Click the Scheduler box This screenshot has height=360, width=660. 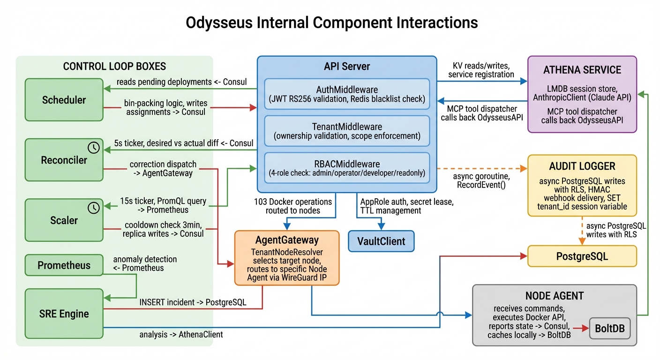64,100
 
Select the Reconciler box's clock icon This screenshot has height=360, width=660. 94,148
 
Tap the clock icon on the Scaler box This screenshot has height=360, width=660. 94,208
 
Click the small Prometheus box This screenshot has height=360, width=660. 64,265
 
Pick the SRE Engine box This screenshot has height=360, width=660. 64,314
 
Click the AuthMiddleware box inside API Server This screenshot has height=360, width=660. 347,94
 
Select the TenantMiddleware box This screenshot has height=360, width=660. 347,131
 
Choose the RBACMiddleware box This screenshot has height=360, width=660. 347,168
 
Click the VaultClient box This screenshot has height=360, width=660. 381,242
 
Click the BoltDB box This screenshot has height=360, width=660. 609,328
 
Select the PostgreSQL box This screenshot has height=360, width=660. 582,256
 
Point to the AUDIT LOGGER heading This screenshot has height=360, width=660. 582,166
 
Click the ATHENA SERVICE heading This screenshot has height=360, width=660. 582,70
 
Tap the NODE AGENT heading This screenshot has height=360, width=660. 555,296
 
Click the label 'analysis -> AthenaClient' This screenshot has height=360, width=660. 181,335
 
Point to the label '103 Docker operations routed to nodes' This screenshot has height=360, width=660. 293,206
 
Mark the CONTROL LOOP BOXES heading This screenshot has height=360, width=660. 114,66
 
